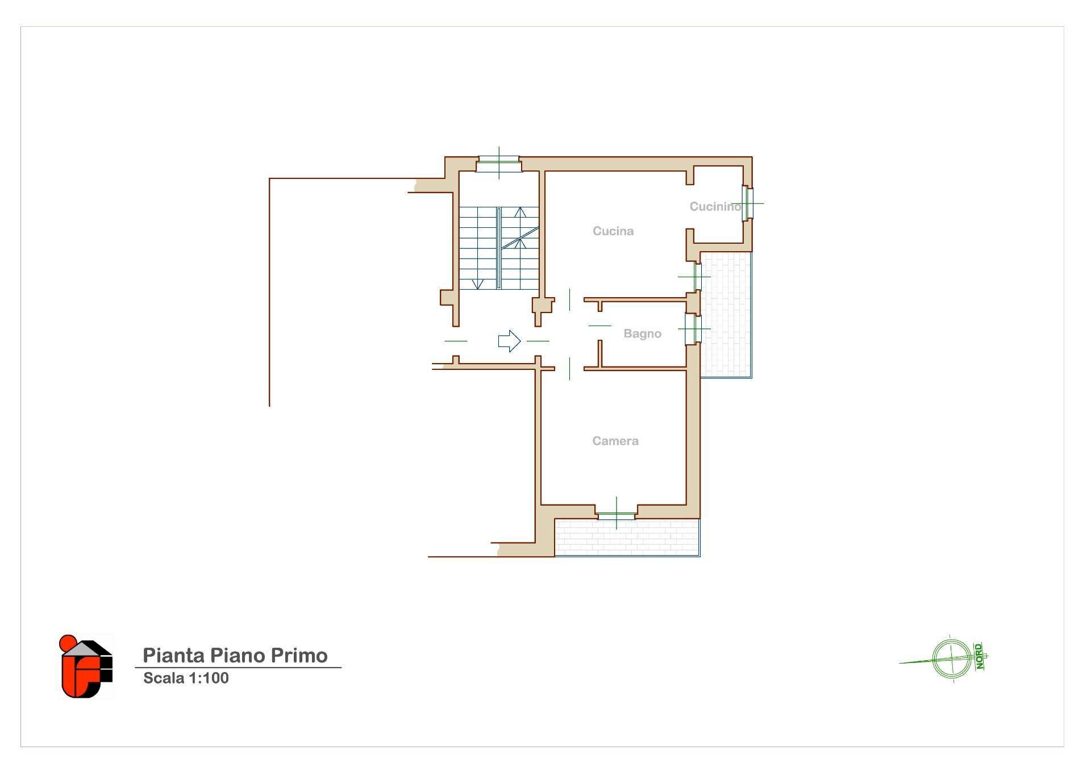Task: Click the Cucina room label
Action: pos(613,231)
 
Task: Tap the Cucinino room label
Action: pos(715,207)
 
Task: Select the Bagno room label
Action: pos(642,334)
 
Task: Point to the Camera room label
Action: pos(615,441)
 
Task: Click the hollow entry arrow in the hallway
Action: pos(509,341)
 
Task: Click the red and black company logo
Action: pos(86,666)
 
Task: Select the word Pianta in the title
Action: pos(173,656)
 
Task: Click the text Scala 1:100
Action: pos(186,678)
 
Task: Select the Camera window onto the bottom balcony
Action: pos(617,515)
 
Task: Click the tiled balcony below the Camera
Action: pos(627,537)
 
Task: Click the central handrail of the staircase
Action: pos(499,248)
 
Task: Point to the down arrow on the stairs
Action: pos(478,283)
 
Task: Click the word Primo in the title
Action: pos(299,656)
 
